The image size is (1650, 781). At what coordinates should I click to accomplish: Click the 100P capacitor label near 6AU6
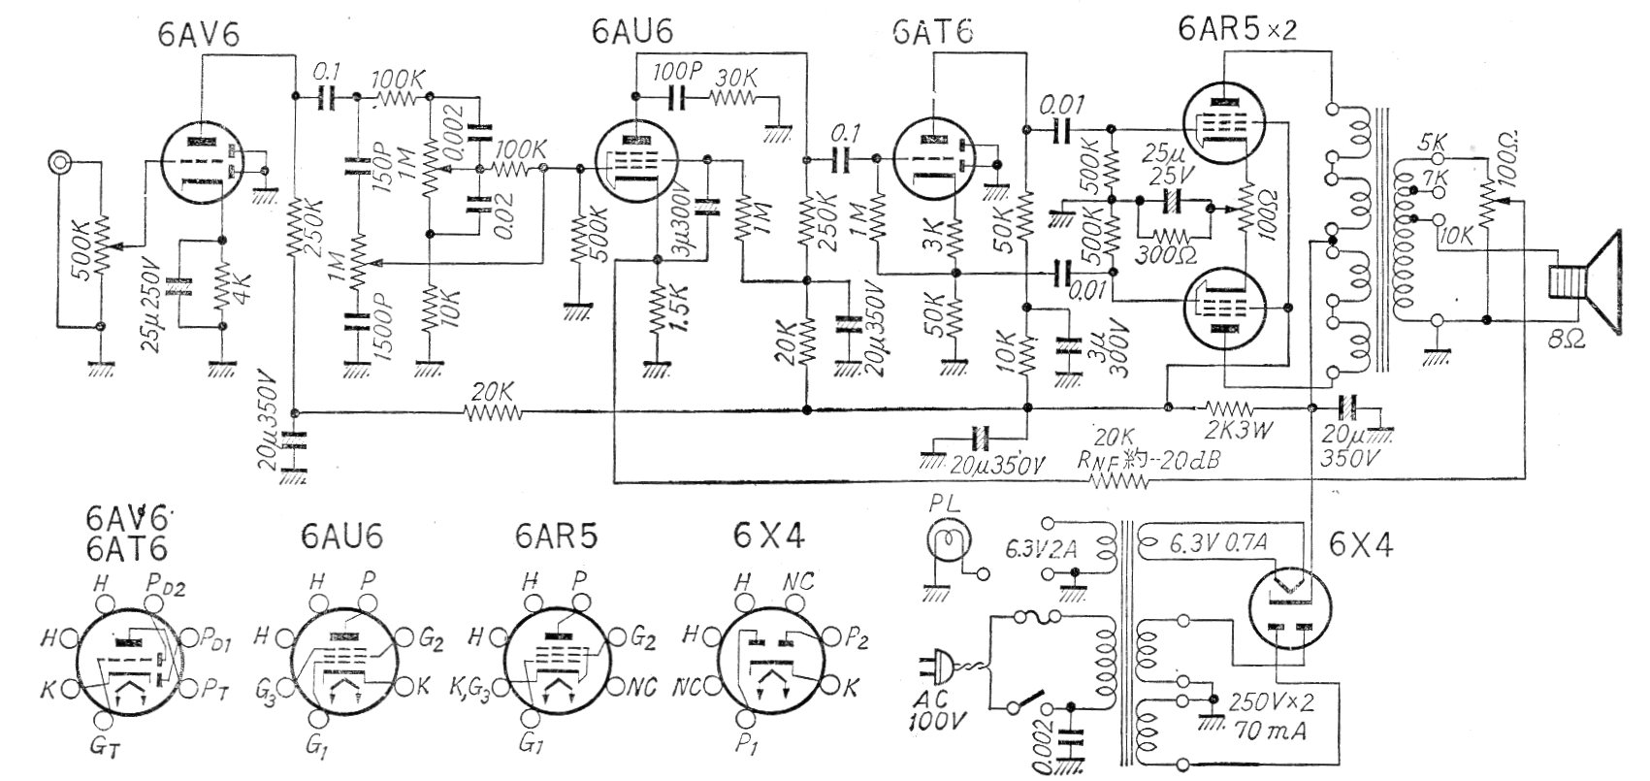(674, 73)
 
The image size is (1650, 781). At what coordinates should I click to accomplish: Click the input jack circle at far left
(61, 161)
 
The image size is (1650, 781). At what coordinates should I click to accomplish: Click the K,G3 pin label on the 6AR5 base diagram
(474, 691)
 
